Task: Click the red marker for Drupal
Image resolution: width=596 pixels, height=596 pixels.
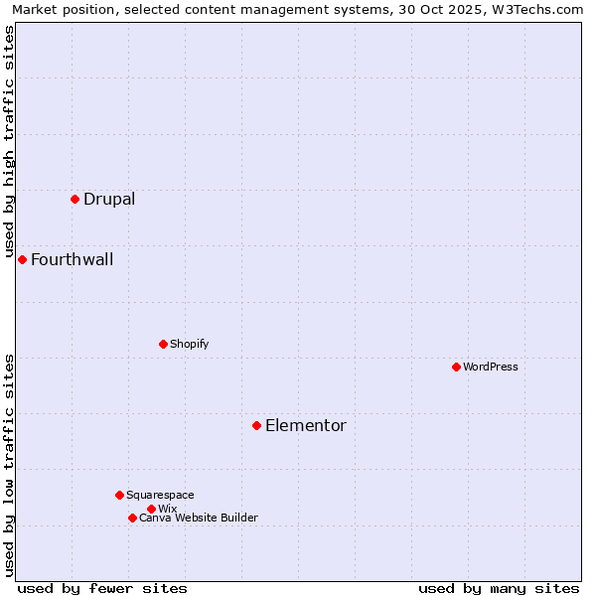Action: tap(74, 199)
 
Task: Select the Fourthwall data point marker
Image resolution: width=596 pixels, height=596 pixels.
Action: tap(22, 259)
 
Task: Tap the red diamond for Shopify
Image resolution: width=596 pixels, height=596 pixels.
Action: tap(163, 344)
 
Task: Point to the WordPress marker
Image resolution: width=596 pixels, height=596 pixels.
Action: tap(456, 367)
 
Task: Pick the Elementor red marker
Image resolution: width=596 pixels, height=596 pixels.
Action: tap(256, 425)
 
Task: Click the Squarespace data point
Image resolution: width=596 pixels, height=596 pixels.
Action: tap(119, 495)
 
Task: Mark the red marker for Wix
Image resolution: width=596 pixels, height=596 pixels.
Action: tap(151, 509)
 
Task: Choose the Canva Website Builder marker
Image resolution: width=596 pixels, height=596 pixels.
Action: tap(132, 518)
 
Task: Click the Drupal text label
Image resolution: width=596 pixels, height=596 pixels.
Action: tap(109, 199)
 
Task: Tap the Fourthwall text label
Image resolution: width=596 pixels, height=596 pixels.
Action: tap(72, 259)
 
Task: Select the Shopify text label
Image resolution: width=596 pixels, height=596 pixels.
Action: tap(189, 344)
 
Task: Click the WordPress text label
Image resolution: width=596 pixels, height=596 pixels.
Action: tap(491, 367)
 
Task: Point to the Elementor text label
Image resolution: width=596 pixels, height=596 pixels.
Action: tap(305, 425)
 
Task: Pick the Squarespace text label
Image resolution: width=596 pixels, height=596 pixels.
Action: tap(160, 495)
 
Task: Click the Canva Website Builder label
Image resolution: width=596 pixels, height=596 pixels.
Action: tap(199, 518)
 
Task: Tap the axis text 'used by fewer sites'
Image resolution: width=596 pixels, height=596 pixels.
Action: tap(102, 588)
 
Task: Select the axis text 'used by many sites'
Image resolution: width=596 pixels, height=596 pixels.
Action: tap(499, 588)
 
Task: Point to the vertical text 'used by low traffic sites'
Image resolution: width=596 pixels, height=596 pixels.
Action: tap(9, 465)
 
